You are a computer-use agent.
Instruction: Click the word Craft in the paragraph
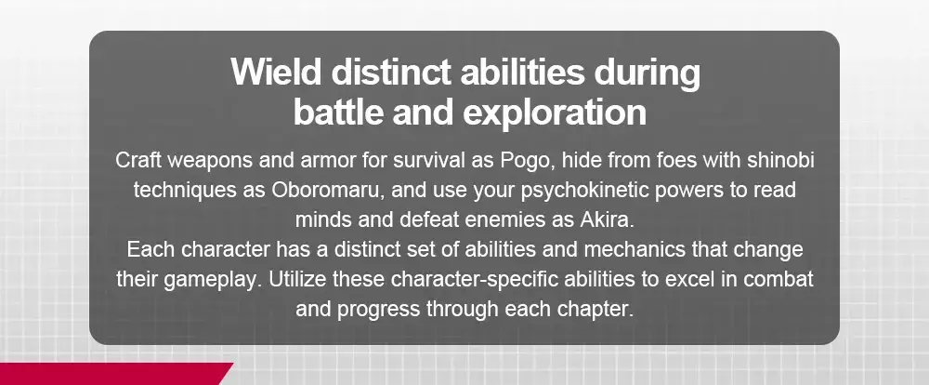pyautogui.click(x=134, y=160)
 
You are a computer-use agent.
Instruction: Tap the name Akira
pyautogui.click(x=607, y=219)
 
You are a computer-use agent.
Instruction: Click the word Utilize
pyautogui.click(x=298, y=279)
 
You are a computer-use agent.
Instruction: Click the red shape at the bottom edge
pyautogui.click(x=112, y=374)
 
